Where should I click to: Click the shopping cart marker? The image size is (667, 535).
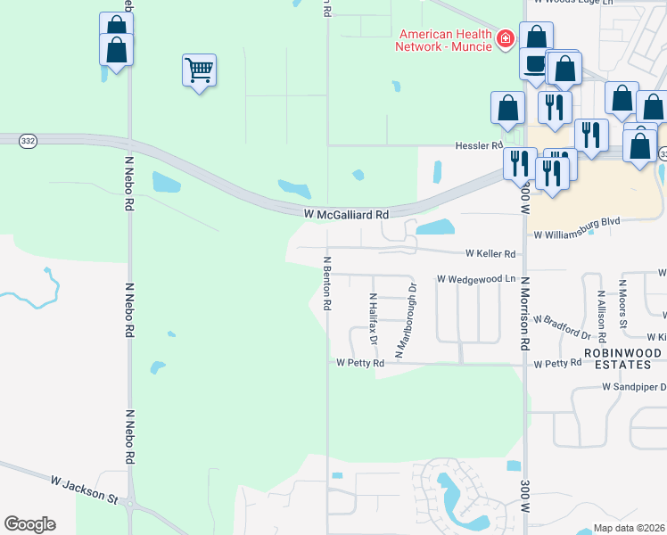[x=199, y=70]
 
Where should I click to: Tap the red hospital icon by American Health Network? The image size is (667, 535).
[x=506, y=38]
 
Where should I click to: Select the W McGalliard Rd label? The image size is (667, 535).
[x=346, y=215]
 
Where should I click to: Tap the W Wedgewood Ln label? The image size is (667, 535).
[x=477, y=279]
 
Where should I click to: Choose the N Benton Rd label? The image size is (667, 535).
[x=327, y=284]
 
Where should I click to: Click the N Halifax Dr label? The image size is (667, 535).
[x=374, y=318]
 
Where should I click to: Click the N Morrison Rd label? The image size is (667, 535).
[x=525, y=312]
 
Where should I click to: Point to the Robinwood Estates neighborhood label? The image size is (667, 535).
[x=622, y=359]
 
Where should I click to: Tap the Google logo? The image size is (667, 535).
[x=29, y=524]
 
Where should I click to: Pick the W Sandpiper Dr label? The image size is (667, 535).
[x=634, y=387]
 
